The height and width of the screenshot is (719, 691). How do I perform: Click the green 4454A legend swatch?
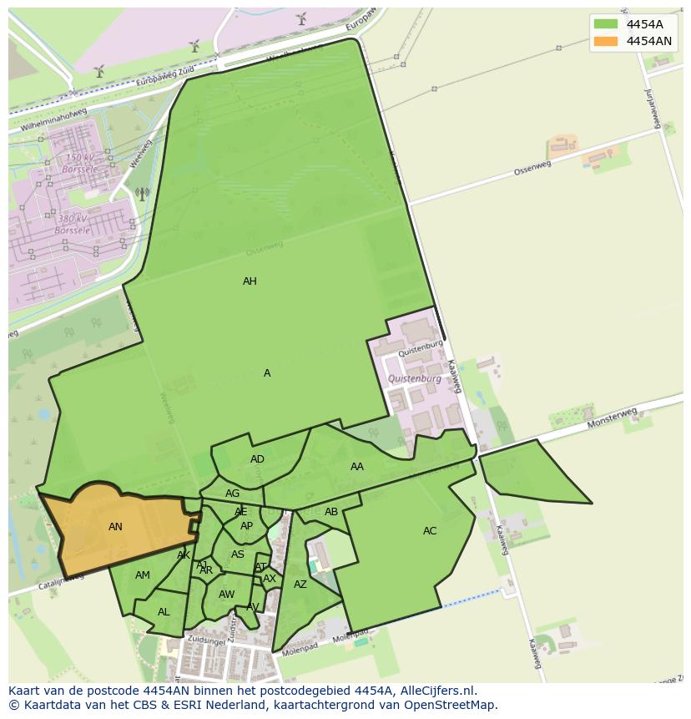coord(607,24)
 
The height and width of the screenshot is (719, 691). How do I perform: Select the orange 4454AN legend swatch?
coord(607,41)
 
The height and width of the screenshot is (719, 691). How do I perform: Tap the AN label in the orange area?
coord(115,527)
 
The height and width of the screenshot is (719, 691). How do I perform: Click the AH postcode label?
coord(250,281)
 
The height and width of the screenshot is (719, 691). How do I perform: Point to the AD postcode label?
coord(257,459)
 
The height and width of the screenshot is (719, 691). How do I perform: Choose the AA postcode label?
coord(357,467)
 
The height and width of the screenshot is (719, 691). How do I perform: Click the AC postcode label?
coord(430,531)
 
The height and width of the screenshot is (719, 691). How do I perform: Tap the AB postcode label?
coord(331,512)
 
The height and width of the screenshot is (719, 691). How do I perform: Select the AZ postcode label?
coord(300,585)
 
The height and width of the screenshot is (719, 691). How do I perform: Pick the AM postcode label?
coord(143,575)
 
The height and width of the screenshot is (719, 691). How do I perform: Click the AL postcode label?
coord(164,612)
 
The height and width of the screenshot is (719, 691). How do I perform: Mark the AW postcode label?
coord(226,595)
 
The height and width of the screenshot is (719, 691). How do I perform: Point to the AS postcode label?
coord(238,554)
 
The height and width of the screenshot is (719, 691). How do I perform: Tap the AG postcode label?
coord(232,494)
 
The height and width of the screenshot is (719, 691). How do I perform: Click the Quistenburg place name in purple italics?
coord(415,379)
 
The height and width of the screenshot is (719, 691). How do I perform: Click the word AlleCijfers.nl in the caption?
coord(436,691)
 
